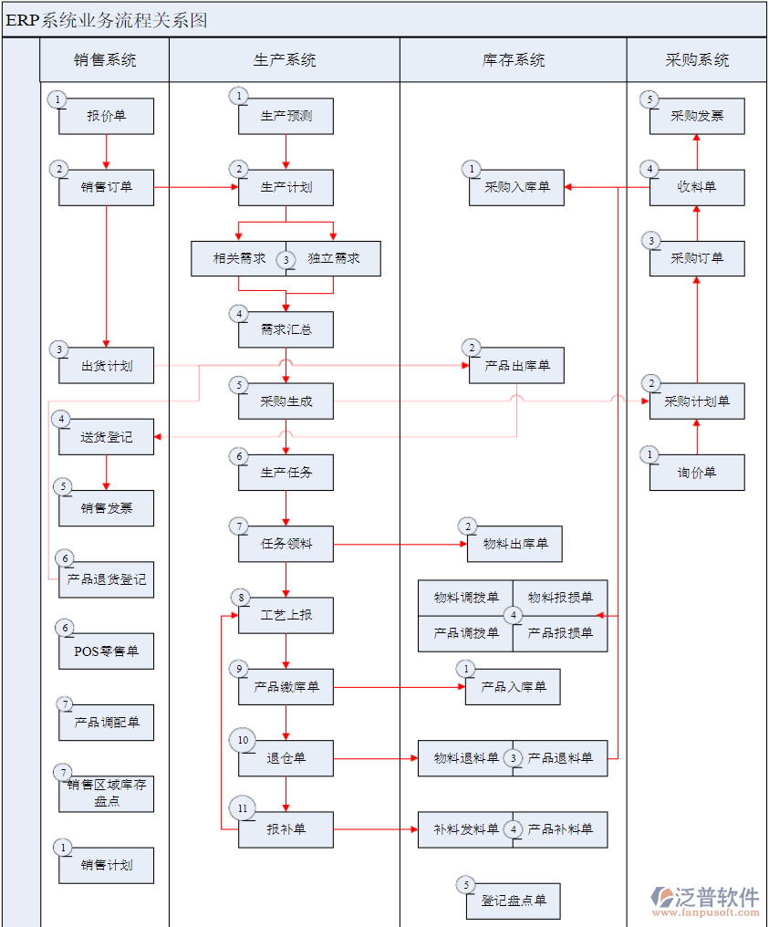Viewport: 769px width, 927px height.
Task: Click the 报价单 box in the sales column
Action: coord(107,116)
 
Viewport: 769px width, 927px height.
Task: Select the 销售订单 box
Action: coord(107,187)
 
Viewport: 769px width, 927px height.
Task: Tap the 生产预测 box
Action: coord(286,116)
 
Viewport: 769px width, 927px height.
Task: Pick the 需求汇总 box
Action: coord(286,329)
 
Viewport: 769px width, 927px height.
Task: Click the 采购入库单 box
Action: coord(517,187)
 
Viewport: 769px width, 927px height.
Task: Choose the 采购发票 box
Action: coord(697,116)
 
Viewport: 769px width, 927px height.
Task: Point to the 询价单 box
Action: coord(697,473)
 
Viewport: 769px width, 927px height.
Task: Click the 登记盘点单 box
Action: coord(513,901)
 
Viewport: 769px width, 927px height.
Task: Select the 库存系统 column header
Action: coord(513,60)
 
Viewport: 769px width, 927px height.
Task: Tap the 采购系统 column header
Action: coord(697,60)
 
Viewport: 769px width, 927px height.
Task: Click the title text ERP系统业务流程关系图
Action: coord(107,20)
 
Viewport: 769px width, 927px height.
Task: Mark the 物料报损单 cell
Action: coord(560,598)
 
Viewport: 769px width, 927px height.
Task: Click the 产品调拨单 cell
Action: coord(466,633)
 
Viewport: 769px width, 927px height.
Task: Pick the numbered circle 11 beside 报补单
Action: coord(243,808)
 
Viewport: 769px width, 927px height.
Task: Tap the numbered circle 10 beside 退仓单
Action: coord(243,740)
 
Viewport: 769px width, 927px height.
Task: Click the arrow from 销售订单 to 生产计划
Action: coord(196,187)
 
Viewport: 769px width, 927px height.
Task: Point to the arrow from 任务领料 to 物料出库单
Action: coord(400,545)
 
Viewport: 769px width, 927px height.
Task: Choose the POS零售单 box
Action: coord(107,651)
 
